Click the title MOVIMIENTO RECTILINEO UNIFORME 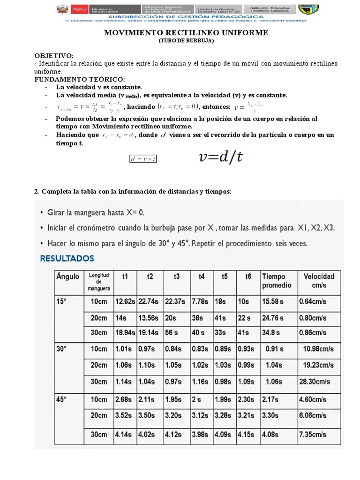tap(186, 32)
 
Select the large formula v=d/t tap(220, 157)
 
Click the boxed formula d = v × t tap(142, 159)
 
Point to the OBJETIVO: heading tap(54, 56)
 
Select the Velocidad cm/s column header tap(318, 281)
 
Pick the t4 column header tap(201, 277)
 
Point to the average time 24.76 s tap(277, 318)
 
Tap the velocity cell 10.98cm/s tap(318, 349)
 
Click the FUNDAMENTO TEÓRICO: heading tap(80, 79)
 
